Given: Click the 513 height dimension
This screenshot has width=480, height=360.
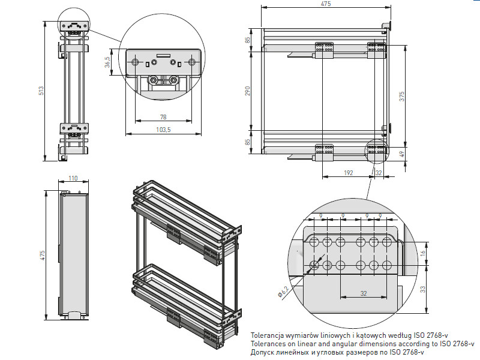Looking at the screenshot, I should [41, 91].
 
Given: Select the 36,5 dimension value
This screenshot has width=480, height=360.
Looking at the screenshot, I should [107, 62].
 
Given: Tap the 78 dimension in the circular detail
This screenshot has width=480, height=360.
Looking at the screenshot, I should [163, 116].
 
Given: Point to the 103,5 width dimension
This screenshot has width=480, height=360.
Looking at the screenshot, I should [163, 129].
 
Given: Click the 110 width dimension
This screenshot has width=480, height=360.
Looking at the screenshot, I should [73, 178].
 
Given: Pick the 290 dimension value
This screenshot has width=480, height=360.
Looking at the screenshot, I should [247, 91].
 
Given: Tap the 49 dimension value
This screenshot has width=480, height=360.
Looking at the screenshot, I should [402, 154].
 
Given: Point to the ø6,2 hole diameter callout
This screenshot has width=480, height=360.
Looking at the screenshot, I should [284, 293].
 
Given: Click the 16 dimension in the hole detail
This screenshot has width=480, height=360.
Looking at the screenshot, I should [423, 254].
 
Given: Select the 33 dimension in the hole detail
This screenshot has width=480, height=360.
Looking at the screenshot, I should [423, 289].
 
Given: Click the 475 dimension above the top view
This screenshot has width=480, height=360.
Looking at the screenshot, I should [326, 4].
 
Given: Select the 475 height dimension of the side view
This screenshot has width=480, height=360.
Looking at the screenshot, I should [42, 256].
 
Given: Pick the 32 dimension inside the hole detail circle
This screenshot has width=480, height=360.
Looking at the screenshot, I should [364, 293].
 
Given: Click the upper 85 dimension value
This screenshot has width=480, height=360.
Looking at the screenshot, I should [247, 40].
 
